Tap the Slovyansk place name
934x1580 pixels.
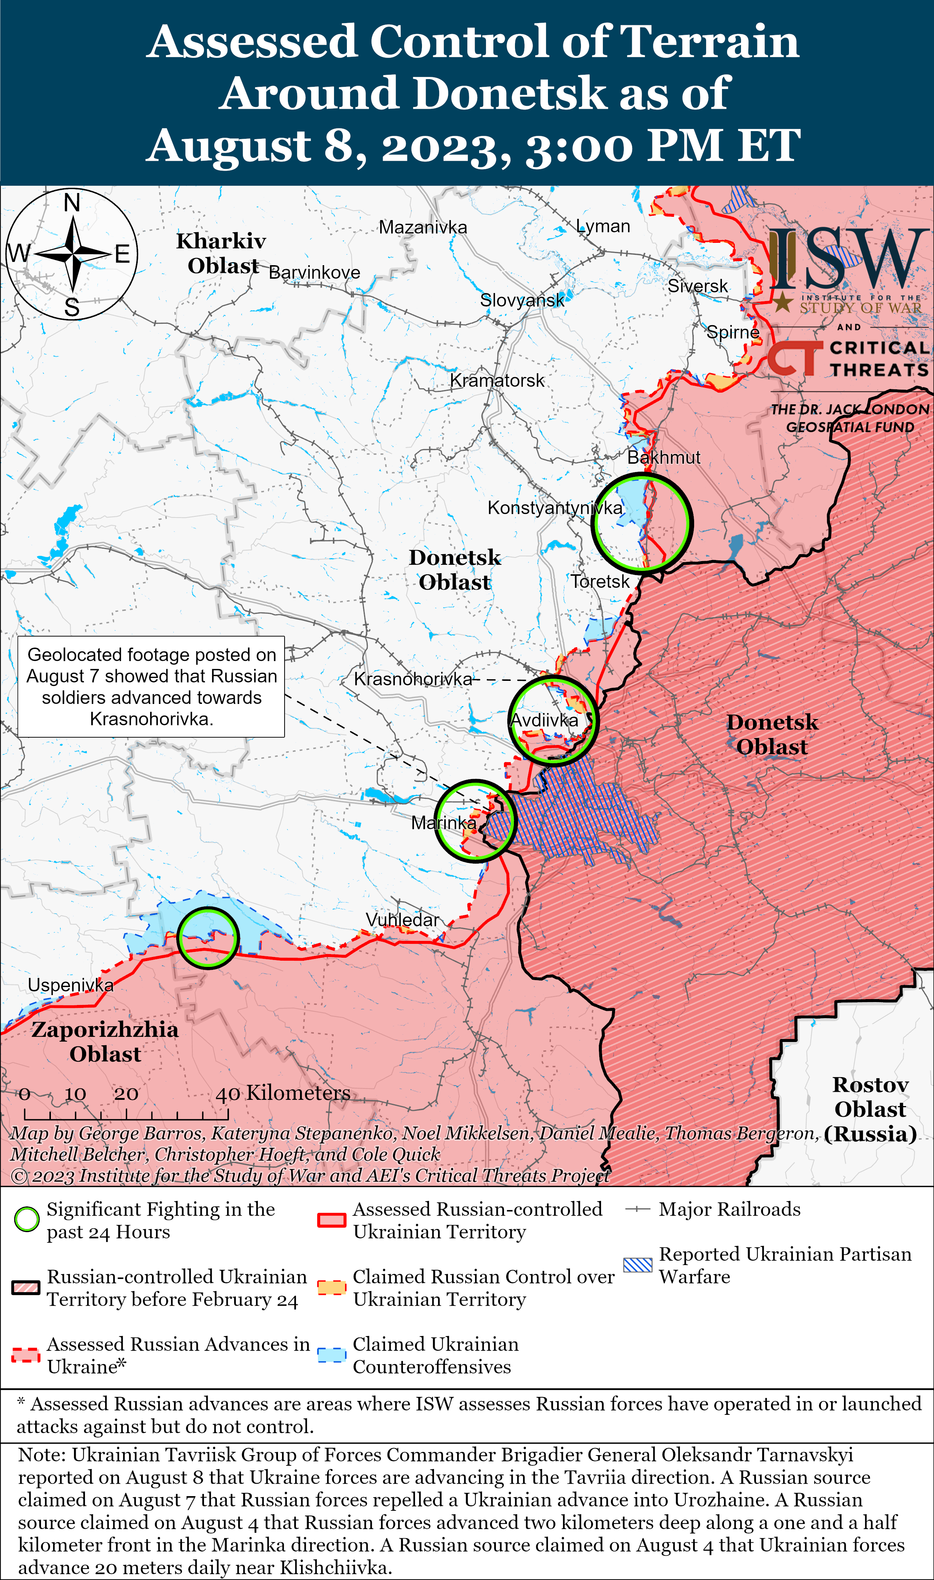tap(522, 300)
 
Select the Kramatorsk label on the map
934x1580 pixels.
tap(497, 381)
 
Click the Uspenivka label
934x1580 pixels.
tap(70, 985)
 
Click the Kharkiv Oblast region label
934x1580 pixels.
tap(222, 253)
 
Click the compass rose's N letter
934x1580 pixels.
tap(72, 203)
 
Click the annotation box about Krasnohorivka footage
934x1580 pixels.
tap(151, 686)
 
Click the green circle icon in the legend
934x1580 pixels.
tap(26, 1220)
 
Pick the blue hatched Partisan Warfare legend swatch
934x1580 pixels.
tap(638, 1265)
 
